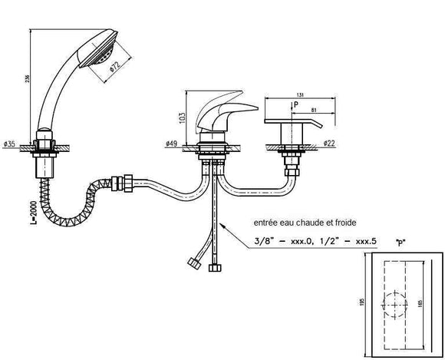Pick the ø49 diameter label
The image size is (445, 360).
tap(172, 144)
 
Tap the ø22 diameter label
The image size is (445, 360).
tap(328, 144)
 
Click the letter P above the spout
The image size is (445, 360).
tap(295, 103)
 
